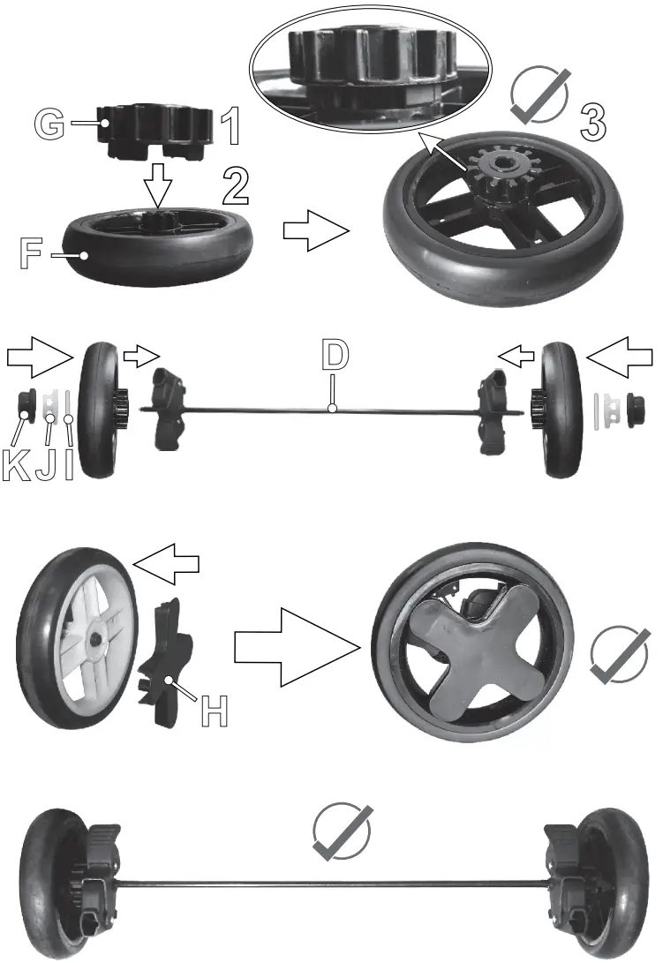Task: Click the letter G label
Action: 50,124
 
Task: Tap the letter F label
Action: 31,252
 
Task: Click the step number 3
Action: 592,120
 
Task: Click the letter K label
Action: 15,465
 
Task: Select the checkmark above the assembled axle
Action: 343,832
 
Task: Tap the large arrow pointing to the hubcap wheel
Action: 297,649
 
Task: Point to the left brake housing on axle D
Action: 171,409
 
